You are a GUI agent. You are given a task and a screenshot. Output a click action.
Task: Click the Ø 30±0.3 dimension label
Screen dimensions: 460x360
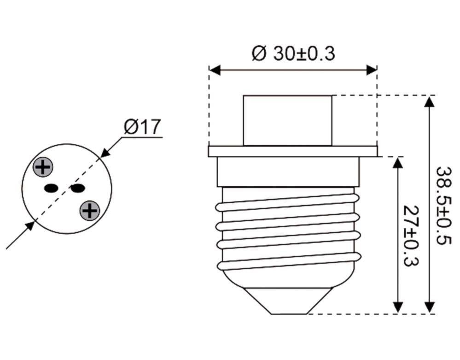click(x=293, y=54)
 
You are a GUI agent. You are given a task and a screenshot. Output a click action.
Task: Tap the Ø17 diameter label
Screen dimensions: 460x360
click(x=143, y=127)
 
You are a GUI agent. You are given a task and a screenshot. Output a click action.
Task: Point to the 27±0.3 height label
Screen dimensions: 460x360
click(x=411, y=236)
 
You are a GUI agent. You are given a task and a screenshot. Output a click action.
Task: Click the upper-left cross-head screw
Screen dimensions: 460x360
click(x=43, y=167)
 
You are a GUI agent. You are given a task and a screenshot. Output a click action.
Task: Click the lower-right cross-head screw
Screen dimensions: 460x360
click(x=90, y=210)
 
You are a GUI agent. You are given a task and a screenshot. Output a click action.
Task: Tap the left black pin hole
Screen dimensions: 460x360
click(x=51, y=188)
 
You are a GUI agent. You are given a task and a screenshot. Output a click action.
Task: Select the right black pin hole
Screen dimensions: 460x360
click(x=77, y=188)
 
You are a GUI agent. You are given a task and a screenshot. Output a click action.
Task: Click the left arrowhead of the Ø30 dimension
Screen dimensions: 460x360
click(x=215, y=70)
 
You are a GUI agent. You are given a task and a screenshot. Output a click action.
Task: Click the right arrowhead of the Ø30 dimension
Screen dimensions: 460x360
click(x=372, y=70)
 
